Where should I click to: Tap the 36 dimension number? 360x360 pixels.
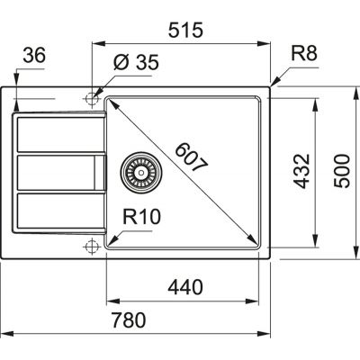click(32, 56)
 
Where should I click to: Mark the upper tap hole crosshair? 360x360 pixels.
click(91, 95)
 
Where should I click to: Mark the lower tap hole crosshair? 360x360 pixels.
click(91, 245)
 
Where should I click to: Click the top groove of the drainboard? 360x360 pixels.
click(54, 134)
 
